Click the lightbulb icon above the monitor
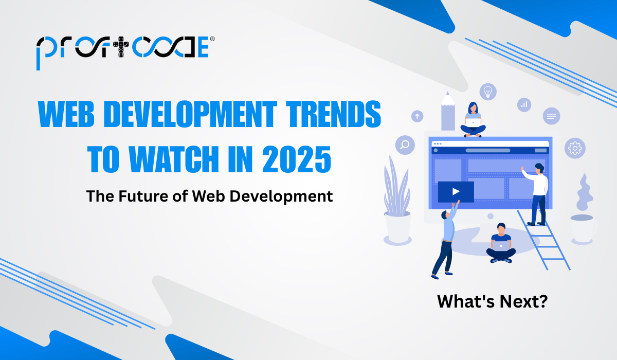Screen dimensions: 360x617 tap(487, 92)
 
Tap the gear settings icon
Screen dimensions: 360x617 tap(575, 148)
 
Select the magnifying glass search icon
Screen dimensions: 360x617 tap(405, 145)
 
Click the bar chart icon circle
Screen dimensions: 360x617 tap(524, 104)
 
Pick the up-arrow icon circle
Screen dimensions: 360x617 tap(417, 116)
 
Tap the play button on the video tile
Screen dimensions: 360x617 tap(456, 192)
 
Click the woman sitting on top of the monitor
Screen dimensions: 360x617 tap(473, 119)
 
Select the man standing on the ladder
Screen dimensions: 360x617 tap(536, 193)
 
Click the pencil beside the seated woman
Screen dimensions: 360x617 tap(448, 112)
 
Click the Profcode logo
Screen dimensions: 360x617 tap(122, 49)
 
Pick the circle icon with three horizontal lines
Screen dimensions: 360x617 tap(551, 116)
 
